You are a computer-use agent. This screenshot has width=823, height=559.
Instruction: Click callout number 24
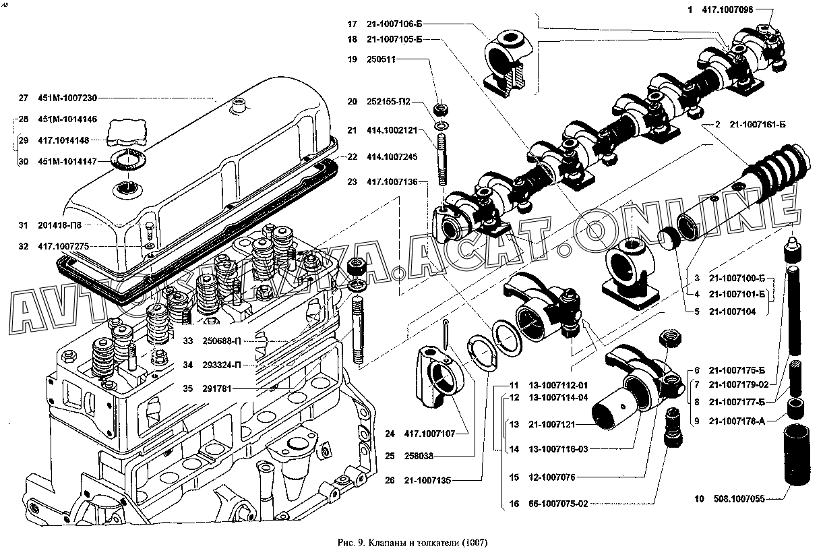pyautogui.click(x=390, y=433)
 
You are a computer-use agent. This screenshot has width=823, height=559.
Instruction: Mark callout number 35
pyautogui.click(x=187, y=388)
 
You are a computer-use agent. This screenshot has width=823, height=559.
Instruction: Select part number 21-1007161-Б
pyautogui.click(x=757, y=125)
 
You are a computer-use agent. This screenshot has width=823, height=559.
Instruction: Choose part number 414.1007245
pyautogui.click(x=394, y=156)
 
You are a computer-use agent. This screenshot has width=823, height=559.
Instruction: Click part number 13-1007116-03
pyautogui.click(x=559, y=449)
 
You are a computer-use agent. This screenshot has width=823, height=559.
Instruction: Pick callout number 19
pyautogui.click(x=352, y=59)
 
